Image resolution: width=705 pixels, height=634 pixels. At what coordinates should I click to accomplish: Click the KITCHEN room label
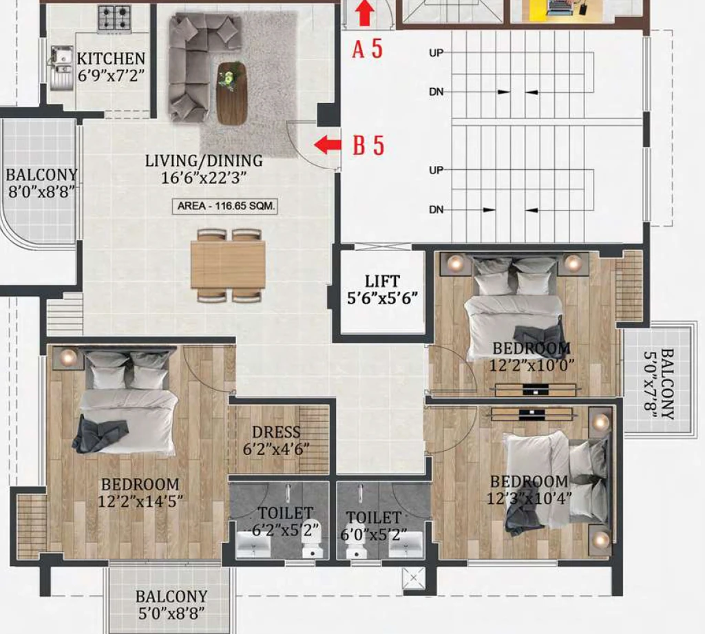click(x=111, y=59)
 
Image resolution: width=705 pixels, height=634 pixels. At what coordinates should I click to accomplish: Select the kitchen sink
click(x=61, y=67)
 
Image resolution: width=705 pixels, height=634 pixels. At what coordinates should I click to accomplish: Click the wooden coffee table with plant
click(x=232, y=94)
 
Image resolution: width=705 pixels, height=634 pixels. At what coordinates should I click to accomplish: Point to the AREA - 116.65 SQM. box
click(x=225, y=206)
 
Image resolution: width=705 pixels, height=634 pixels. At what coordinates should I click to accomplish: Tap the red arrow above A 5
click(x=365, y=13)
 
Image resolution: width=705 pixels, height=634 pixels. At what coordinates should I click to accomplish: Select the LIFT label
click(x=381, y=282)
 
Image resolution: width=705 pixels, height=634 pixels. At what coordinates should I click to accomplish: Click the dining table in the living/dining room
click(x=228, y=264)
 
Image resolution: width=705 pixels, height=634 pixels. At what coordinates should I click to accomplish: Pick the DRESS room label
click(x=275, y=432)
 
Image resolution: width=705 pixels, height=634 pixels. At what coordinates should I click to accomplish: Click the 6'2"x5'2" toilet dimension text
click(x=286, y=530)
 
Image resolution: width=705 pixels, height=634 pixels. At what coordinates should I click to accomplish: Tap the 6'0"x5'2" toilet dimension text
click(x=374, y=535)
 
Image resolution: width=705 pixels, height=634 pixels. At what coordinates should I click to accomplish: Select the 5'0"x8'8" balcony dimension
click(x=171, y=613)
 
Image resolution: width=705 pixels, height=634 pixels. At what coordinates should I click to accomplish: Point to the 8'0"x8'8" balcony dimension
click(x=41, y=191)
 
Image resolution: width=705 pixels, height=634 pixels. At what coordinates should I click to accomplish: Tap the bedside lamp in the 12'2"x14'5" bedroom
click(x=68, y=357)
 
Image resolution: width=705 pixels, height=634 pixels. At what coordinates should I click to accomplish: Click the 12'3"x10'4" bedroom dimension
click(x=529, y=498)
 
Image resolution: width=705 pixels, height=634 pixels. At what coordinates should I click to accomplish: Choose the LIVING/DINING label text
click(x=204, y=160)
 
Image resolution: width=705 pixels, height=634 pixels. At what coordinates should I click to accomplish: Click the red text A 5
click(x=368, y=49)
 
